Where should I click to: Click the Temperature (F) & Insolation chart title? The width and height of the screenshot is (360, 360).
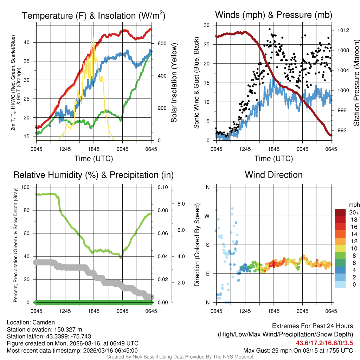[x=94, y=15]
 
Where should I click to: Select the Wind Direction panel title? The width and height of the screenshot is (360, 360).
[x=274, y=175]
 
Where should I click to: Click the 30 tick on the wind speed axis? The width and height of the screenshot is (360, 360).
[x=207, y=25]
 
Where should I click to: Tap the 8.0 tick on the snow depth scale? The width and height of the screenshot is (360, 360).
[x=181, y=204]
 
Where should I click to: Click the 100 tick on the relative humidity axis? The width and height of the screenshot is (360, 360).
[x=26, y=187]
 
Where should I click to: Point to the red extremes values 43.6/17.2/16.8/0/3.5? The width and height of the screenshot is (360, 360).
[x=324, y=343]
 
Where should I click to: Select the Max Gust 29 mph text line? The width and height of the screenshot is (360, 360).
[x=298, y=350]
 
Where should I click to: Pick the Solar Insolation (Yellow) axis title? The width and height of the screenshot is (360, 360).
[x=174, y=83]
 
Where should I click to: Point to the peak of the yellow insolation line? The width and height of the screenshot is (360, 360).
[x=92, y=26]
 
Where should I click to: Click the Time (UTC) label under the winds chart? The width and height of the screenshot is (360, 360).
[x=274, y=159]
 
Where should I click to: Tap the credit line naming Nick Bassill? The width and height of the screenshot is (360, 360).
[x=180, y=356]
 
